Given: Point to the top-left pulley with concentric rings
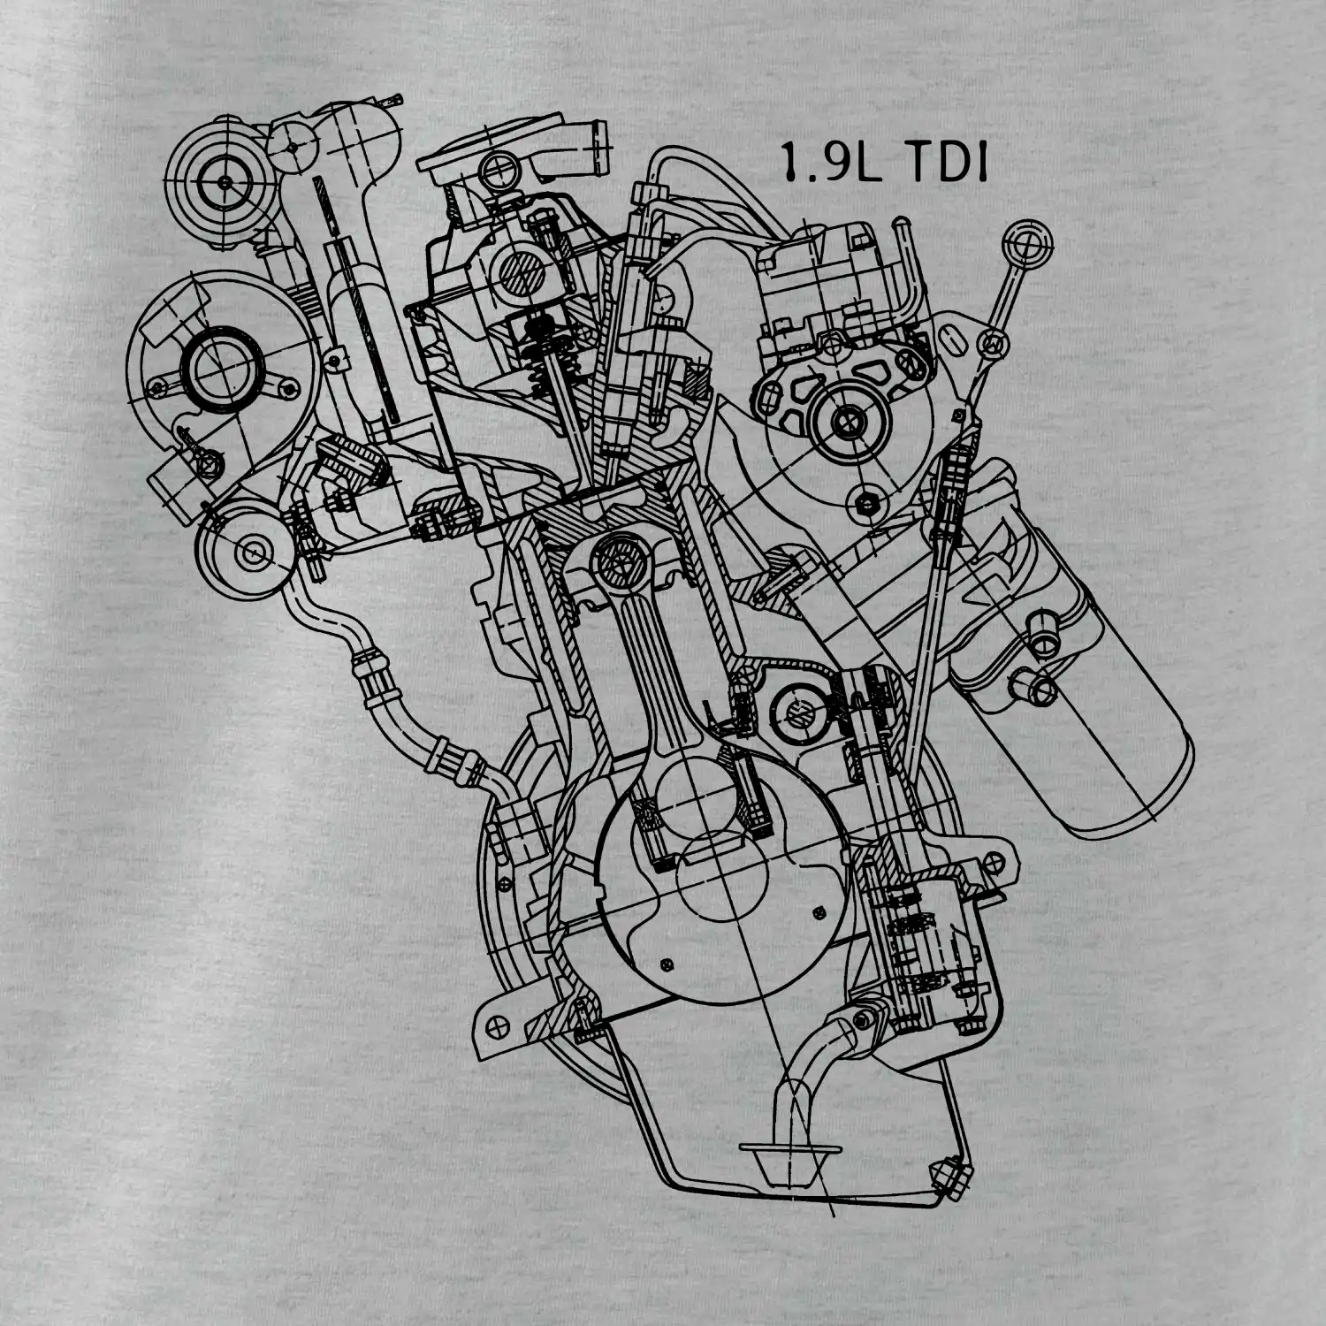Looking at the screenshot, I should pyautogui.click(x=225, y=182).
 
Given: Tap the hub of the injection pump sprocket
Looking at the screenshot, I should pyautogui.click(x=847, y=421).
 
